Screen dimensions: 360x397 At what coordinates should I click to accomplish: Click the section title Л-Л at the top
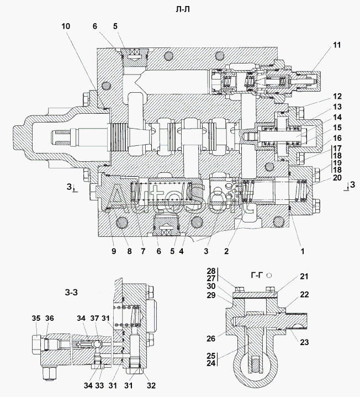click(183, 9)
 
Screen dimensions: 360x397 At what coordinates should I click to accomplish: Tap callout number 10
click(66, 27)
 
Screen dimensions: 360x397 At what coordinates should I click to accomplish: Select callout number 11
click(337, 45)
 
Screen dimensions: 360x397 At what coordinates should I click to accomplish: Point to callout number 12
click(337, 97)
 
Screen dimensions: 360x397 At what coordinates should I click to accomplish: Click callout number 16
click(337, 138)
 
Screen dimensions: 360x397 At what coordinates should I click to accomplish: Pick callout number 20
click(337, 178)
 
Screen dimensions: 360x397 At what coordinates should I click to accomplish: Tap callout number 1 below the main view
click(302, 251)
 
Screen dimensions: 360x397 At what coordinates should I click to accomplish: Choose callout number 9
click(113, 251)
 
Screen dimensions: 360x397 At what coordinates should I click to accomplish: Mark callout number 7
click(143, 251)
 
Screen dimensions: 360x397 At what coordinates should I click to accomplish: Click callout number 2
click(226, 251)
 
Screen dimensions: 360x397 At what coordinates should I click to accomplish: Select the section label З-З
click(71, 293)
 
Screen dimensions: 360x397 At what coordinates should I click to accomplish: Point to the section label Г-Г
click(257, 275)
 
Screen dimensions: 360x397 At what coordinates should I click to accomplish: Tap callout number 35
click(36, 318)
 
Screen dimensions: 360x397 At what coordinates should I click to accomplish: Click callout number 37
click(94, 318)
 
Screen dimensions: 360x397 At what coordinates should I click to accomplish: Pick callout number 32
click(151, 385)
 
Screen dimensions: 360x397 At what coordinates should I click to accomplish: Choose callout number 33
click(99, 385)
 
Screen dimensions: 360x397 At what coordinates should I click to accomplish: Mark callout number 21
click(304, 277)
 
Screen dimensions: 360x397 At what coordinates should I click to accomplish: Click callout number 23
click(304, 342)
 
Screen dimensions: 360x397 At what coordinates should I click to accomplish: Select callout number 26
click(211, 338)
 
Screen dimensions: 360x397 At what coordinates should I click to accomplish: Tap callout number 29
click(211, 295)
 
